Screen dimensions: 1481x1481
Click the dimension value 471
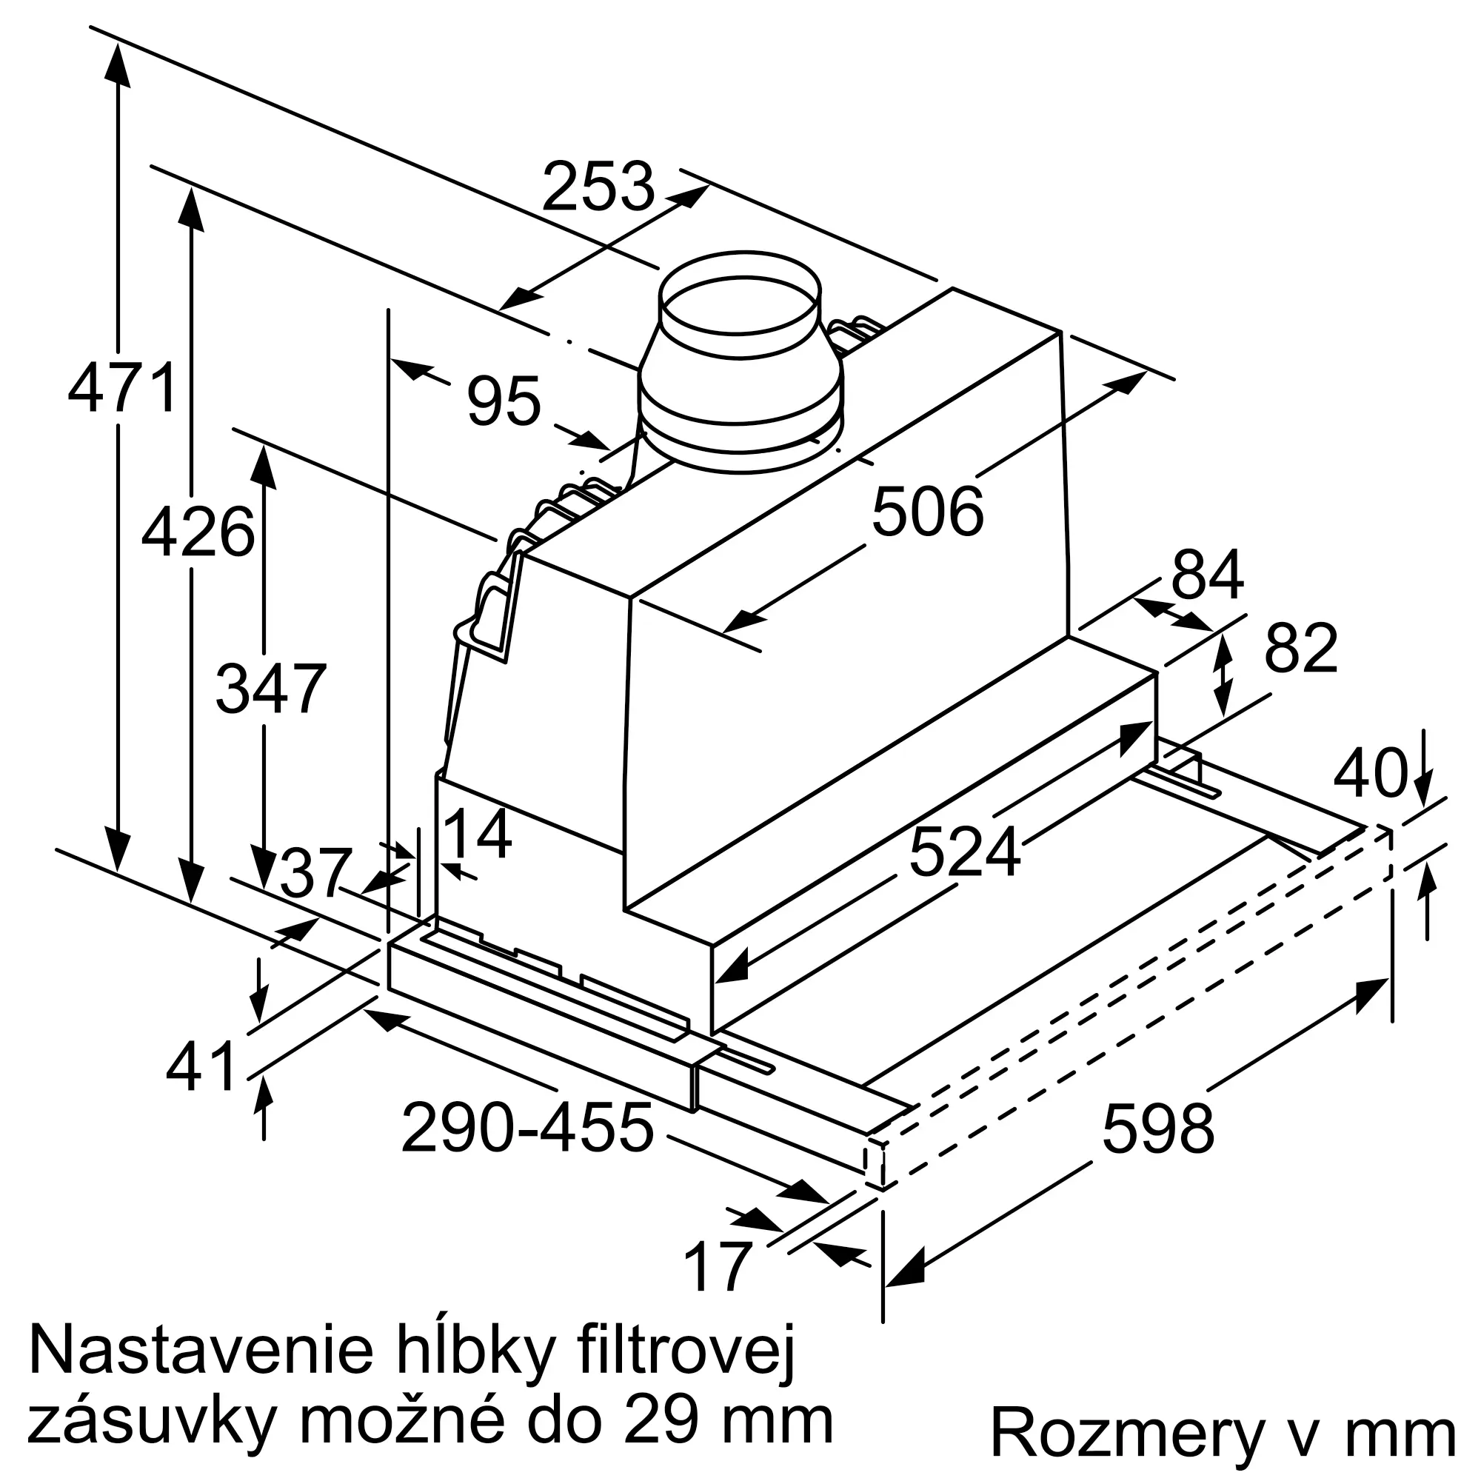click(123, 390)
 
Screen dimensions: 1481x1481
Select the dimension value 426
click(198, 532)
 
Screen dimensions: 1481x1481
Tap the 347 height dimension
click(270, 689)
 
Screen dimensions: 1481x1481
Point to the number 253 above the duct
click(598, 187)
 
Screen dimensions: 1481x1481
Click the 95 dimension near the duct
click(504, 401)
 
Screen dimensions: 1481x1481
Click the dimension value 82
click(1301, 649)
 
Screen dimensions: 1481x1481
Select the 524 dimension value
click(964, 852)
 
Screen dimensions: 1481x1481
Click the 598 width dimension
click(1158, 1129)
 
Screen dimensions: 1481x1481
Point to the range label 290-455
click(527, 1129)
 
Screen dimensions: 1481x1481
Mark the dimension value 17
click(718, 1267)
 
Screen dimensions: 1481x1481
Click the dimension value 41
click(201, 1068)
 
